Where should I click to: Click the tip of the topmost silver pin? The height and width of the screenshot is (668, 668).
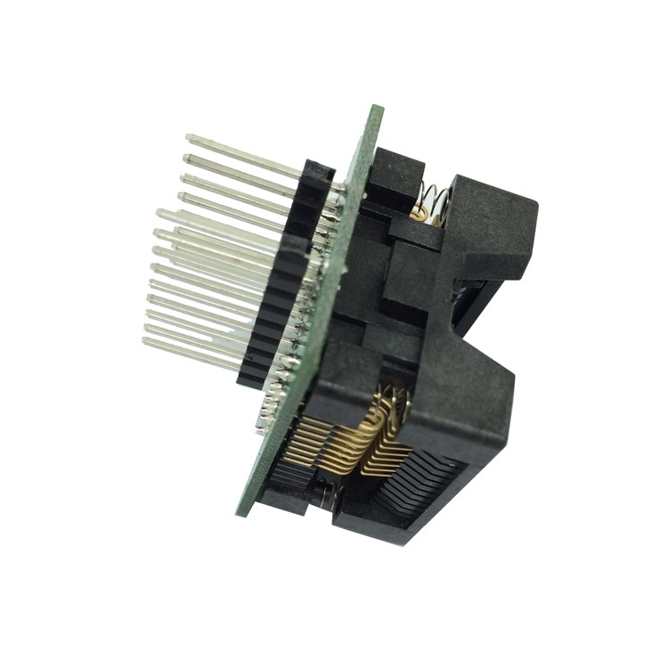[x=189, y=138]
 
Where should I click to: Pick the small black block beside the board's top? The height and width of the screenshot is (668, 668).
[x=392, y=178]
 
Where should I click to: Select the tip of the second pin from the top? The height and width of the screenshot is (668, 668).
[x=186, y=159]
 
